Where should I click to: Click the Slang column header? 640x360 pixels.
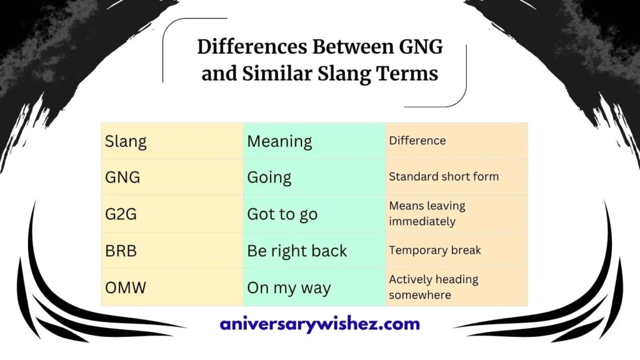(x=126, y=141)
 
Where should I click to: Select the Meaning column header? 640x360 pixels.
(x=279, y=141)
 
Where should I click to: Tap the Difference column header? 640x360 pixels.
(x=417, y=141)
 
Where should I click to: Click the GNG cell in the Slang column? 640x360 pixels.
(x=122, y=177)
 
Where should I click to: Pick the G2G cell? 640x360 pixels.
(x=121, y=214)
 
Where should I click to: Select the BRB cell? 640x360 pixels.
(x=121, y=251)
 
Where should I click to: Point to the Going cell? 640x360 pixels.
(x=269, y=177)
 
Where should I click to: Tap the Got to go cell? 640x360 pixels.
(x=282, y=214)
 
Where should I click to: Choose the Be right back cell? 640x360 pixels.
(x=297, y=251)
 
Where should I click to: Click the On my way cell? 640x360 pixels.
(x=289, y=288)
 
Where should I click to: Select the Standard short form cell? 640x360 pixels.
(x=444, y=177)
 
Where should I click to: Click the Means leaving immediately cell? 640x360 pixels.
(x=427, y=214)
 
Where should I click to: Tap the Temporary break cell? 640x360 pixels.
(x=435, y=250)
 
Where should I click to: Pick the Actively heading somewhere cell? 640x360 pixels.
(x=433, y=287)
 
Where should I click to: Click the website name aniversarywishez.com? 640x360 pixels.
(x=320, y=324)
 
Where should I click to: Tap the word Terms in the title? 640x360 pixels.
(x=407, y=74)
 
